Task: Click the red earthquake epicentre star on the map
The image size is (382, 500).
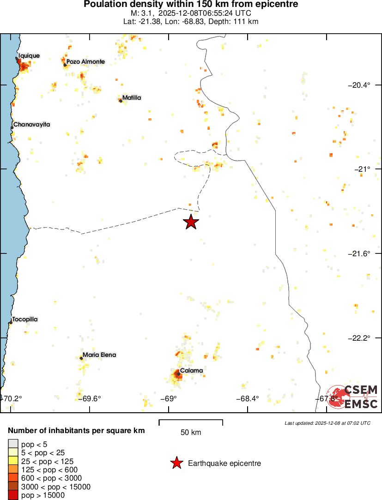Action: click(x=191, y=222)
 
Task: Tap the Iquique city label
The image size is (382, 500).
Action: click(x=29, y=56)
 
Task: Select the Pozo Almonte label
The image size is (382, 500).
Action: click(x=85, y=61)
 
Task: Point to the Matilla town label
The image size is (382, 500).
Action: click(x=132, y=98)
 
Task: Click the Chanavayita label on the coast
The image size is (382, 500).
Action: click(x=31, y=125)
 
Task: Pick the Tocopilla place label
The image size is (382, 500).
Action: click(x=25, y=319)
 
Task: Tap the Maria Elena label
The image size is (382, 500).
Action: click(x=99, y=355)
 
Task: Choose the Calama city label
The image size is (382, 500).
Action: click(x=191, y=370)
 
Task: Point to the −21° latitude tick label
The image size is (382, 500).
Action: click(x=364, y=169)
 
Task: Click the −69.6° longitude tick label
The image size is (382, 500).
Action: click(x=89, y=399)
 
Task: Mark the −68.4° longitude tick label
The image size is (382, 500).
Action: click(x=248, y=399)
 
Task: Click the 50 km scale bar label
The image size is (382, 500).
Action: click(x=191, y=433)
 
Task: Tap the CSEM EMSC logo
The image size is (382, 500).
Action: click(x=353, y=397)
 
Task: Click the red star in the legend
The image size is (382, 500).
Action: click(x=176, y=463)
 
